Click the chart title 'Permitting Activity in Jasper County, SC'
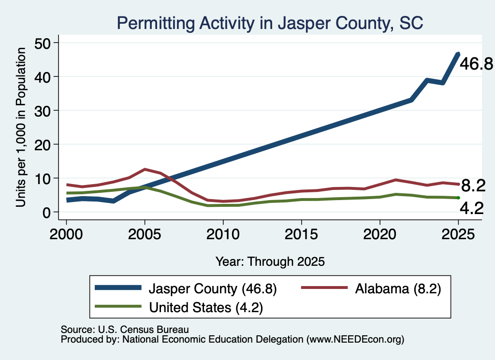(x=270, y=23)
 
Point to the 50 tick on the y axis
(x=56, y=43)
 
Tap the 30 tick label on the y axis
(x=43, y=111)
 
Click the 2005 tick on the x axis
(x=145, y=222)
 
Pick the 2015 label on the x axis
(x=301, y=234)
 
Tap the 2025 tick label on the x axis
(x=458, y=234)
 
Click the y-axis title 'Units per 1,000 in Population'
(x=21, y=127)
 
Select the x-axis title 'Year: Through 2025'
(x=270, y=261)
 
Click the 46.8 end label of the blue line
(x=476, y=64)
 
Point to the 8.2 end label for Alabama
(x=473, y=186)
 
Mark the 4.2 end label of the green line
(x=472, y=208)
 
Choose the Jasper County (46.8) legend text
(x=213, y=288)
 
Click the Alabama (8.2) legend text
(x=398, y=288)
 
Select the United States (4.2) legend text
(x=206, y=307)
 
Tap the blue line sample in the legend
(x=118, y=288)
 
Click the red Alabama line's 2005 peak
(x=145, y=170)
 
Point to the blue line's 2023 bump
(x=427, y=80)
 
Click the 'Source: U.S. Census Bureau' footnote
(x=125, y=330)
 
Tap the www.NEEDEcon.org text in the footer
(x=355, y=339)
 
